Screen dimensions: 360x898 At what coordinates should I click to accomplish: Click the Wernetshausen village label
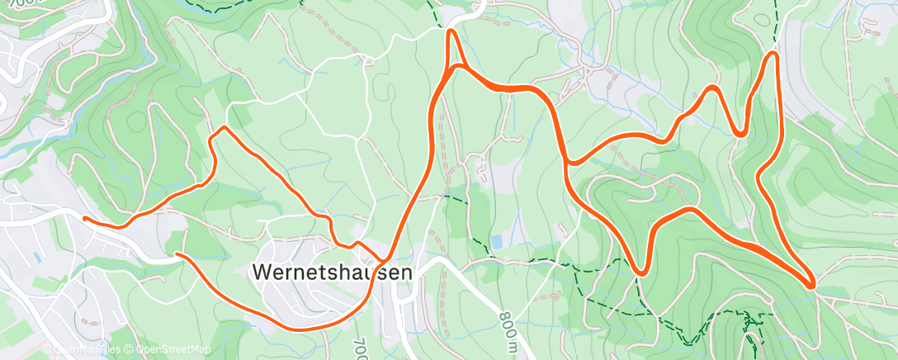coord(331,272)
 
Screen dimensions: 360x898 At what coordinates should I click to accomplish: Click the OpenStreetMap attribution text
coord(172,350)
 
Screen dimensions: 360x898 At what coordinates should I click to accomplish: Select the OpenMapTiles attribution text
coord(89,350)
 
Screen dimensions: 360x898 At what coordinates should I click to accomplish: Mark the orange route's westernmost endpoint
coord(85,218)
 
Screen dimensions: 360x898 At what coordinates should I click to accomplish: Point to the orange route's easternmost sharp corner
coord(813,286)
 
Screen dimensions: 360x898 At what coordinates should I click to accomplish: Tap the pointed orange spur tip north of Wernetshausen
coord(451,32)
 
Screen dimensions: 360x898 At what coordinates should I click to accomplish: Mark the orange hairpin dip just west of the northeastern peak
coord(741,132)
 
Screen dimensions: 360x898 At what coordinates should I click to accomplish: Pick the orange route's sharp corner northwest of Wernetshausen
coord(221,128)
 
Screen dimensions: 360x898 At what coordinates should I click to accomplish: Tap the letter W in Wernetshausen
coord(261,272)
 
